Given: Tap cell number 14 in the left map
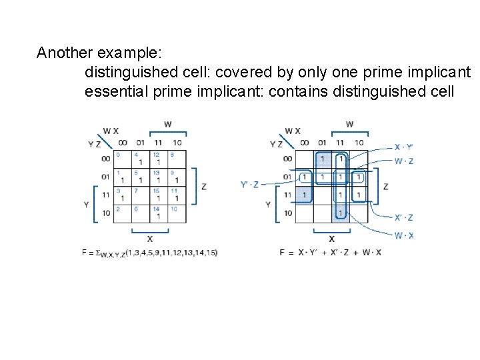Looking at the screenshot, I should click(x=158, y=213).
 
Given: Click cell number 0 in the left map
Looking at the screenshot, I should click(x=122, y=159).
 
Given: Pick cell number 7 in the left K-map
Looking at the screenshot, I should click(x=140, y=195).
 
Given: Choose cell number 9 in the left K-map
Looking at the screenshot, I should click(x=176, y=177).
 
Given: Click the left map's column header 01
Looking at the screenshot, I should click(x=141, y=143).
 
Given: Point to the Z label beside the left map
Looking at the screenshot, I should click(x=203, y=186).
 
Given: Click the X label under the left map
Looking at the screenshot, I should click(x=149, y=239).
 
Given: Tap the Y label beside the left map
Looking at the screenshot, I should click(x=86, y=205).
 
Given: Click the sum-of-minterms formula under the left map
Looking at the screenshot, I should click(x=149, y=253).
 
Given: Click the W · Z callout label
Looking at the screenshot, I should click(x=404, y=161).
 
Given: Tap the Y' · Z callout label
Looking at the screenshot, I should click(x=250, y=185).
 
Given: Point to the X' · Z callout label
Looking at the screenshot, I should click(x=404, y=217).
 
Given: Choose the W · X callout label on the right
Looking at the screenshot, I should click(x=404, y=235).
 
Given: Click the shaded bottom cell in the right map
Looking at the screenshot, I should click(x=341, y=213).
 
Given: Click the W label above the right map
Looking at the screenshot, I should click(x=349, y=124).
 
